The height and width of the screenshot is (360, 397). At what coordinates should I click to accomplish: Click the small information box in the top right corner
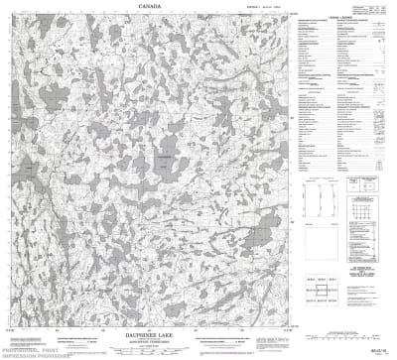pos(378,9)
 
